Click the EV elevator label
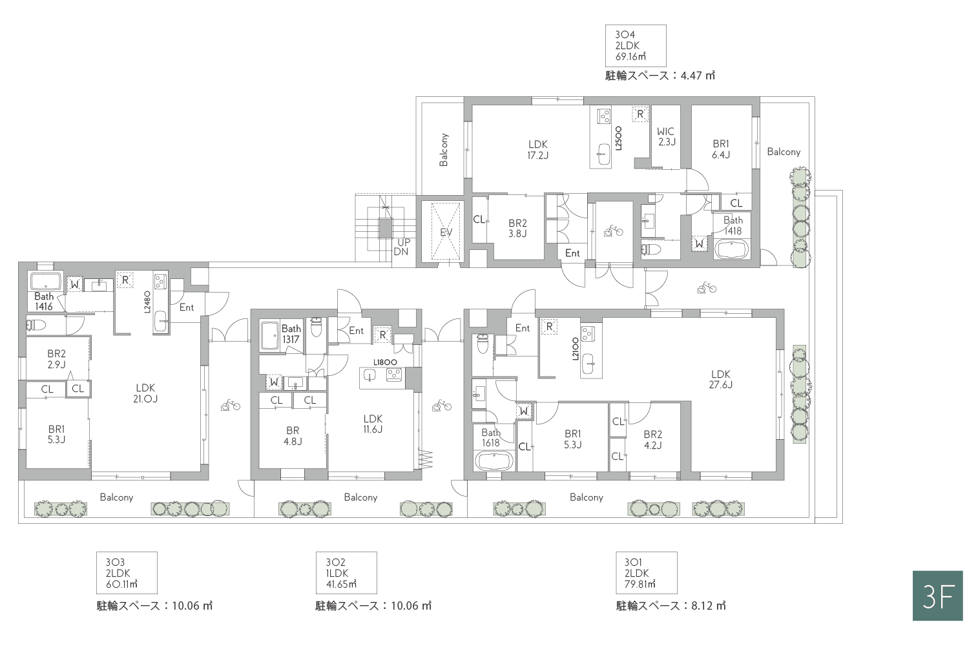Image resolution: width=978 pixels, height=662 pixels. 446,232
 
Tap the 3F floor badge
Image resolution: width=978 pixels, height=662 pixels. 937,595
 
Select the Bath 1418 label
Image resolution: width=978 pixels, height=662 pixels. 733,225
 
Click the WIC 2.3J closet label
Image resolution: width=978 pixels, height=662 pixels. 666,136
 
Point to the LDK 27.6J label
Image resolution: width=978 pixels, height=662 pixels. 720,379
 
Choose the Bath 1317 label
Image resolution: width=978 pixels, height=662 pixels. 291,334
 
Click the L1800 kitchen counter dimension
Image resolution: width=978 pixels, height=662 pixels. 385,362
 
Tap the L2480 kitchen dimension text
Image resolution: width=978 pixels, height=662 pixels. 147,302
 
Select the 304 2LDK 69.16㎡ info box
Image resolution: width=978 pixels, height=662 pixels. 636,45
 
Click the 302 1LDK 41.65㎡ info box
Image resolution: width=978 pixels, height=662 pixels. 346,572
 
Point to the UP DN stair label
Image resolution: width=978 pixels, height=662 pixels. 402,247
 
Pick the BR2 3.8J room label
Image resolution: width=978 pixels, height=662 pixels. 517,228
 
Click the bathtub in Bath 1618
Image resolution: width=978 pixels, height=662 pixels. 494,461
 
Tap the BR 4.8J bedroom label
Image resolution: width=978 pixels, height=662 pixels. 293,436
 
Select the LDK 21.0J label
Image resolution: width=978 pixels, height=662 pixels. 145,393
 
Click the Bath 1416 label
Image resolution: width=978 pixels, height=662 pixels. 44,302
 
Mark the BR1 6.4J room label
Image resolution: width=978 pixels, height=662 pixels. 721,149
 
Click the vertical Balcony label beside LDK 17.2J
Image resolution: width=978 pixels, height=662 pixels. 444,150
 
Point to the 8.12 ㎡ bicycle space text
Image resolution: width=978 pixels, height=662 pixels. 708,606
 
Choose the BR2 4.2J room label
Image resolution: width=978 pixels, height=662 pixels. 652,439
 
